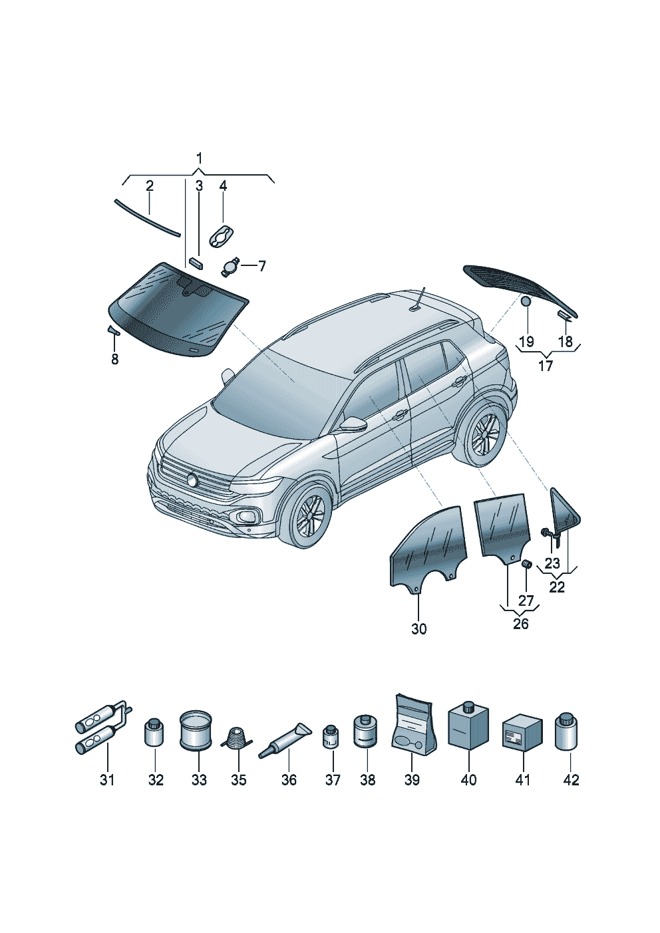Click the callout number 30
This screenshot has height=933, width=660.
(x=418, y=628)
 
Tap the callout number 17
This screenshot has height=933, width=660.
(x=545, y=366)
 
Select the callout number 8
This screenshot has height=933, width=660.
(x=114, y=359)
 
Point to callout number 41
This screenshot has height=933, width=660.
(x=523, y=779)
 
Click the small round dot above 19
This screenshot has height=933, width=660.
(x=526, y=301)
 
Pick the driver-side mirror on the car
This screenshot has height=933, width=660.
(x=353, y=423)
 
